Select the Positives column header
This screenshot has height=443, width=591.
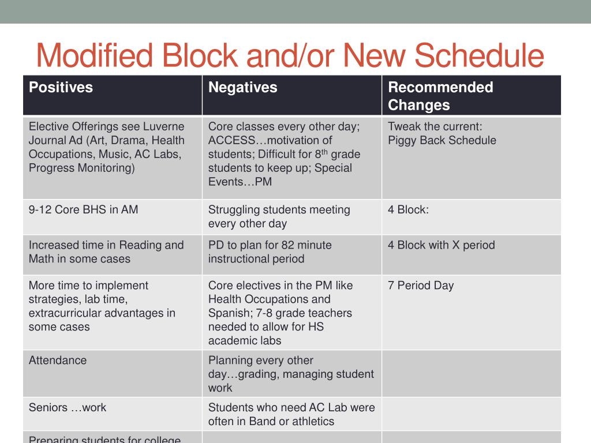(61, 88)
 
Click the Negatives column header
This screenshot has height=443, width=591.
(242, 88)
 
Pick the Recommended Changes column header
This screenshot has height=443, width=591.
(440, 96)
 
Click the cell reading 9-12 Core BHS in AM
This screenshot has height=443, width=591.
(84, 210)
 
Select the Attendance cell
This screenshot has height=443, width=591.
(58, 361)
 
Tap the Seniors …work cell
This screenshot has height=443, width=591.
(68, 408)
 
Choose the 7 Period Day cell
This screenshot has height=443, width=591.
(421, 286)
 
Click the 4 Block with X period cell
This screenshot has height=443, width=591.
(441, 245)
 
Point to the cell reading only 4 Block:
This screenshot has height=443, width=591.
(408, 210)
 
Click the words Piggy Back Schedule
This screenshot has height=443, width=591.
(442, 141)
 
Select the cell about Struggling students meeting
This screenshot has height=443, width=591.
(279, 217)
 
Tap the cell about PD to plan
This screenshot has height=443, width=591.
(270, 252)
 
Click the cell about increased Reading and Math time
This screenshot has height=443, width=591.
(106, 252)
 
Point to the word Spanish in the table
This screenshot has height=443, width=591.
(230, 313)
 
